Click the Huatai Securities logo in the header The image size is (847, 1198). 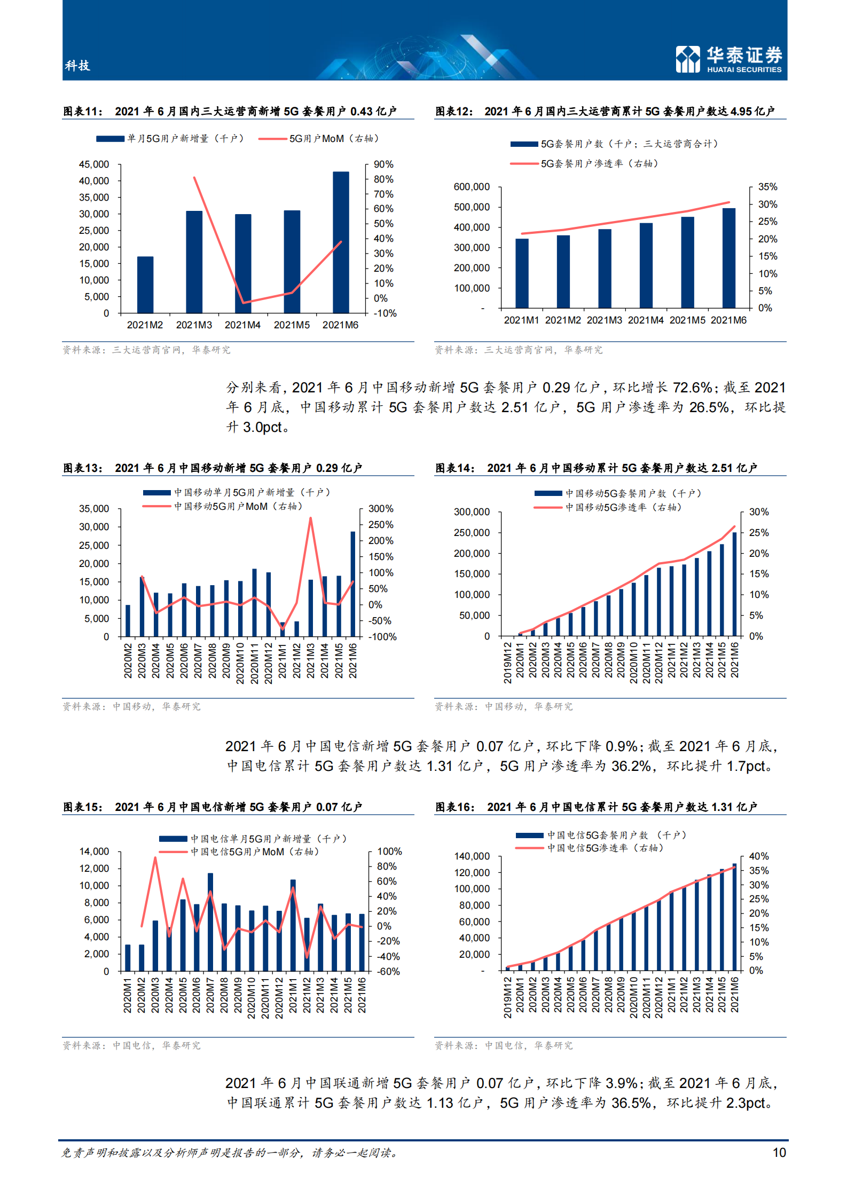pyautogui.click(x=728, y=59)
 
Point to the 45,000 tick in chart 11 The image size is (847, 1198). pyautogui.click(x=94, y=164)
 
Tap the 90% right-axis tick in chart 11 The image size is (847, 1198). pyautogui.click(x=383, y=164)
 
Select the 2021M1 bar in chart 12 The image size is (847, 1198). pyautogui.click(x=522, y=273)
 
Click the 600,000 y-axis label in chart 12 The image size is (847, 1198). pyautogui.click(x=472, y=187)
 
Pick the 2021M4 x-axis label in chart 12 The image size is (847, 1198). pyautogui.click(x=646, y=320)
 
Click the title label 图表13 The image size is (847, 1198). pyautogui.click(x=82, y=468)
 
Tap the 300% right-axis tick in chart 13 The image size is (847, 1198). pyautogui.click(x=381, y=509)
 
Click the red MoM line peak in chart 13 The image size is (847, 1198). pyautogui.click(x=310, y=518)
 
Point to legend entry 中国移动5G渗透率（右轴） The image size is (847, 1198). pyautogui.click(x=623, y=508)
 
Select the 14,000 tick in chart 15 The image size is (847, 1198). pyautogui.click(x=94, y=852)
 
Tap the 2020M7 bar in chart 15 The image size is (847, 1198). pyautogui.click(x=210, y=921)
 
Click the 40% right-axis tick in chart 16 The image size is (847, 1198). pyautogui.click(x=759, y=856)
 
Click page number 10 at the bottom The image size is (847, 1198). pyautogui.click(x=779, y=1153)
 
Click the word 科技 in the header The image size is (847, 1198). pyautogui.click(x=77, y=66)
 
